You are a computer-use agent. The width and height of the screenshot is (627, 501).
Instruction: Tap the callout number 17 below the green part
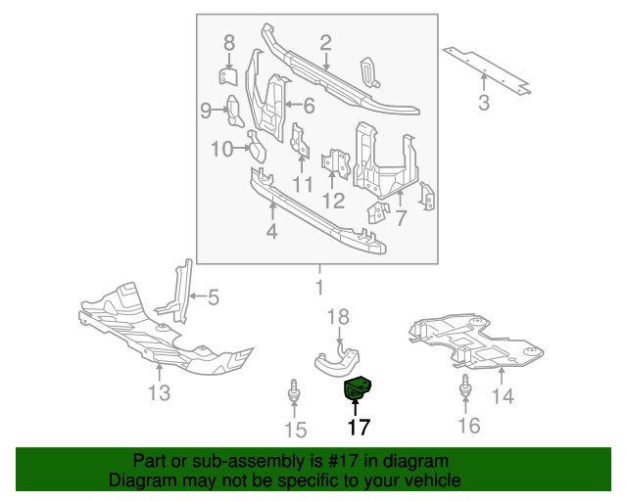(358, 428)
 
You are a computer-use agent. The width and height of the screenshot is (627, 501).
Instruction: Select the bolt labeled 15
(294, 394)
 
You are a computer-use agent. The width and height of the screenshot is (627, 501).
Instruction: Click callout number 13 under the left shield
(159, 393)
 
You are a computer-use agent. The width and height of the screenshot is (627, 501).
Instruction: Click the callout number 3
(484, 103)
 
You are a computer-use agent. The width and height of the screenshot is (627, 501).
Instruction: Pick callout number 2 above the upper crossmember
(325, 42)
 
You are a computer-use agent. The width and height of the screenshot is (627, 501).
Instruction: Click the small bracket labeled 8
(227, 76)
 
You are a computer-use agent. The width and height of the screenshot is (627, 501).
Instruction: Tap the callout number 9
(206, 111)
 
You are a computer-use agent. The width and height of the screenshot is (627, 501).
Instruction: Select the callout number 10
(221, 150)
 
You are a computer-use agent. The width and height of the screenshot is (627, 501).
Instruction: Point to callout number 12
(333, 201)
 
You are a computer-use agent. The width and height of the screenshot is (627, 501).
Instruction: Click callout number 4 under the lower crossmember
(271, 232)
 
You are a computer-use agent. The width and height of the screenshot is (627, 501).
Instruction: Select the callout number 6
(307, 106)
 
